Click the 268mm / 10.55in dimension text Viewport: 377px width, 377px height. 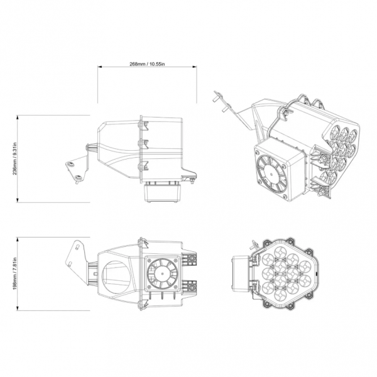(x=147, y=64)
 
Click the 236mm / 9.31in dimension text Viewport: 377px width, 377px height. (x=15, y=159)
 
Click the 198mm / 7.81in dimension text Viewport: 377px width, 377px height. (x=15, y=273)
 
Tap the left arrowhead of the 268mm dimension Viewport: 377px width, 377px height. (x=99, y=67)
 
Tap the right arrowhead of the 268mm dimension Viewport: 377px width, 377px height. (x=195, y=67)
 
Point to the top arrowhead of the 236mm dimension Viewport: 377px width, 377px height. (x=18, y=117)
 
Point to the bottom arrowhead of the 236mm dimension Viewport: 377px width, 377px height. (x=18, y=200)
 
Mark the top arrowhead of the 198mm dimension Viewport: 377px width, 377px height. (x=18, y=239)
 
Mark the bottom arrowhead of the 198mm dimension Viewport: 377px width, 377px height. (x=18, y=308)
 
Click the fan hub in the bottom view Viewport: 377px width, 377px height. (x=162, y=273)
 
